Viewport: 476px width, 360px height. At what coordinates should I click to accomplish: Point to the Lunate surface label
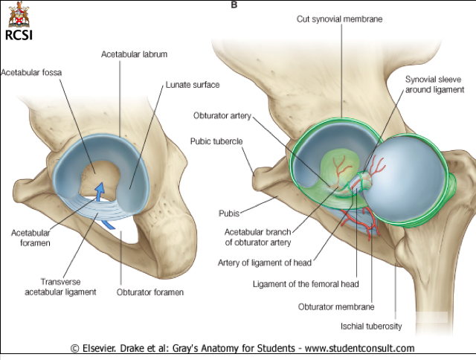(193, 86)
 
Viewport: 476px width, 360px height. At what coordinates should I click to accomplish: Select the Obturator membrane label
(335, 306)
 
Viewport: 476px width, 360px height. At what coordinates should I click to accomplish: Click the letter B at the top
(235, 4)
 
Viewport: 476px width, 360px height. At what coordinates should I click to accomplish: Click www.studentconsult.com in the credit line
(357, 348)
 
